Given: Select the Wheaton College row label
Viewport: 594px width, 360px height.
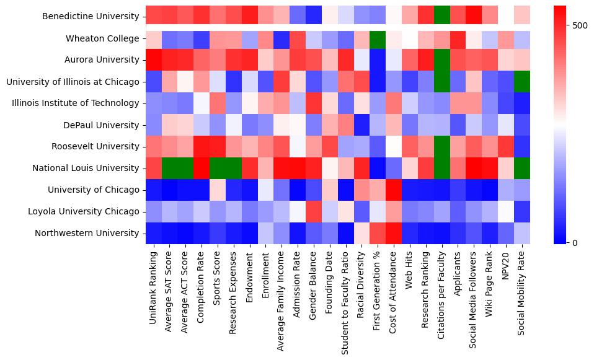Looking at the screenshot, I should coord(103,38).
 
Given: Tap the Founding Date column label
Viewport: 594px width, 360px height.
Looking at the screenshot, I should coord(329,283).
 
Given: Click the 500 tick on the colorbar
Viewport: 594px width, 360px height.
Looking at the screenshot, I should coord(580,25).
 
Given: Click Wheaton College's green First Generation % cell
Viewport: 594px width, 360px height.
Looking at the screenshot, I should coord(378,38).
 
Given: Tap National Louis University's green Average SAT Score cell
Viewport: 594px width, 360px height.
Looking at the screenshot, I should coord(169,168).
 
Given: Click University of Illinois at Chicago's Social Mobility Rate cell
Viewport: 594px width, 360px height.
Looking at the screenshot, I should coord(522,82).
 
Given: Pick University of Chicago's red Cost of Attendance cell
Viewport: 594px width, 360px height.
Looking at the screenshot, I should coord(394,190).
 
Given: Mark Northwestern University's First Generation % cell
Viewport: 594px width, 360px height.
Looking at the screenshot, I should coord(378,233).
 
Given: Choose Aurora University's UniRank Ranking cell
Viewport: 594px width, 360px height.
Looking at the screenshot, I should coord(153,60).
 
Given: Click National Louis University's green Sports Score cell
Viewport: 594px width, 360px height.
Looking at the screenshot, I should coord(217,168).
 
